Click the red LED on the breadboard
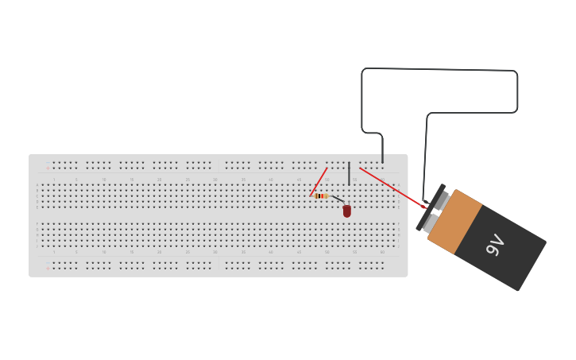coord(347,211)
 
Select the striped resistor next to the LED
coord(321,195)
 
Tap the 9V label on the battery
coord(495,245)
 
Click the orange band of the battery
coord(455,222)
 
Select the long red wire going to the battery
coord(392,188)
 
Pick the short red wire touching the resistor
coord(319,181)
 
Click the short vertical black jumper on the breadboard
coord(349,173)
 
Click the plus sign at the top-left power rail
coord(47,168)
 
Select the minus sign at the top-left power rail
coord(47,162)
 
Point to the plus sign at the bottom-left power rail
coord(47,269)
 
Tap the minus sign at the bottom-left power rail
coord(47,262)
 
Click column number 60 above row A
coord(382,179)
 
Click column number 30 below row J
coord(215,252)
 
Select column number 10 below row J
coord(103,252)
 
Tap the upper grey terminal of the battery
coord(442,200)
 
